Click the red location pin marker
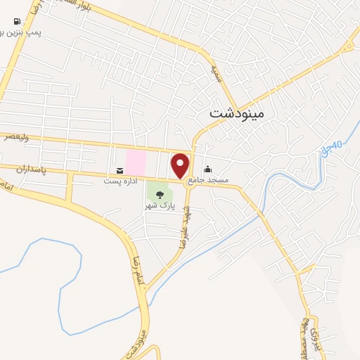[x=181, y=165]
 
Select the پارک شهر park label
[x=159, y=205]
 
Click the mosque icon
[x=207, y=169]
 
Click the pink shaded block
[x=135, y=162]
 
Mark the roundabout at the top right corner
[x=347, y=48]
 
